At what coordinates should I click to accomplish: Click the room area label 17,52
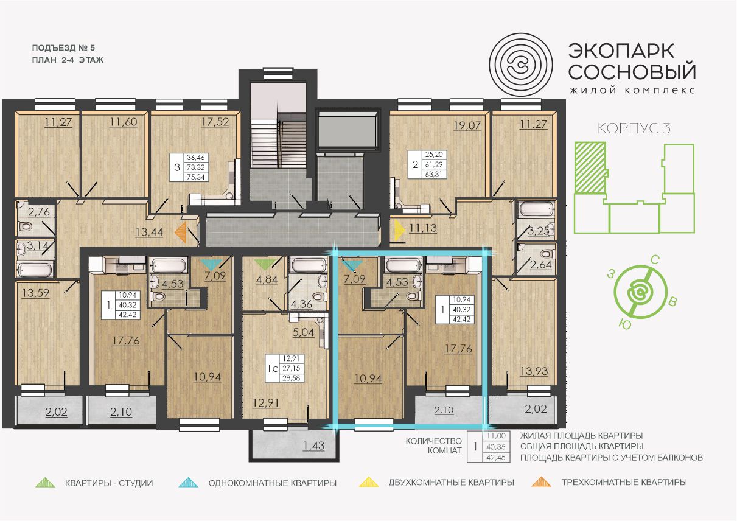[215, 122]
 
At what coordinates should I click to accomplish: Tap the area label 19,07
[467, 125]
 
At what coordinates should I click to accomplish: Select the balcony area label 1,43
[313, 446]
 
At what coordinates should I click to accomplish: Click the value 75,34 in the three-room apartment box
[196, 177]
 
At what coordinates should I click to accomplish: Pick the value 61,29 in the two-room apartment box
[434, 164]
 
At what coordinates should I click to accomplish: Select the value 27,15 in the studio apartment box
[291, 368]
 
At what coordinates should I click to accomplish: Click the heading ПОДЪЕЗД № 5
[63, 48]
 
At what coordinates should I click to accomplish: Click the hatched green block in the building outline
[590, 168]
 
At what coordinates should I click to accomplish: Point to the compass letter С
[655, 260]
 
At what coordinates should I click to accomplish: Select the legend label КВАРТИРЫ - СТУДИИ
[109, 483]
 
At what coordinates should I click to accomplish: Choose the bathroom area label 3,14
[38, 245]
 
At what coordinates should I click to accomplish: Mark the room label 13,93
[534, 371]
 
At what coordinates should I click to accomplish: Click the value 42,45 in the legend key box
[496, 457]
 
